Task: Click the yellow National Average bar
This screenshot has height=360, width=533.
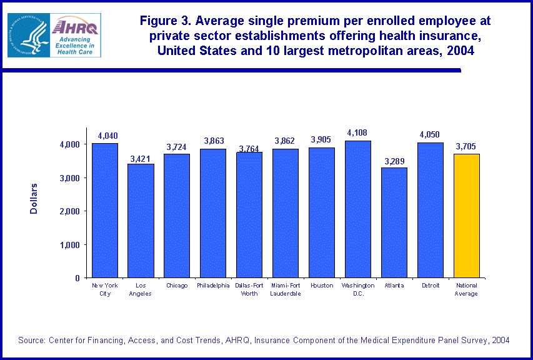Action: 467,216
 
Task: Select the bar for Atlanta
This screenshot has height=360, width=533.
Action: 394,222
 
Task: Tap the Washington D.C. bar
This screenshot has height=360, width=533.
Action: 358,209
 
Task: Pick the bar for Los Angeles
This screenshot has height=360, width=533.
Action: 141,221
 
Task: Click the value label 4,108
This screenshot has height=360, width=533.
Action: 358,133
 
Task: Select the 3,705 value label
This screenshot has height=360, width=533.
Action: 467,147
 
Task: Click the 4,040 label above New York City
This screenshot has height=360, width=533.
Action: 104,136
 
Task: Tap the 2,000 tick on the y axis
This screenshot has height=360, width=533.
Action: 67,211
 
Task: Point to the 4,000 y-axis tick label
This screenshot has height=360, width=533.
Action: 67,144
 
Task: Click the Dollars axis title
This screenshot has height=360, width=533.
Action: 34,199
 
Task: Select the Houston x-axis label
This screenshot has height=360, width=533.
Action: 322,286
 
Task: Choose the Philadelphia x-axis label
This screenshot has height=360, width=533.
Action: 213,286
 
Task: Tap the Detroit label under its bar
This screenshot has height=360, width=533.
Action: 431,286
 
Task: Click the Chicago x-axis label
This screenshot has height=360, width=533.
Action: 177,286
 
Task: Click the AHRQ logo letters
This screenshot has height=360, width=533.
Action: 74,27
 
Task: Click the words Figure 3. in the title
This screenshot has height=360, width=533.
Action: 164,21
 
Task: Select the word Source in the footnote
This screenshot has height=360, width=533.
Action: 31,340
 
